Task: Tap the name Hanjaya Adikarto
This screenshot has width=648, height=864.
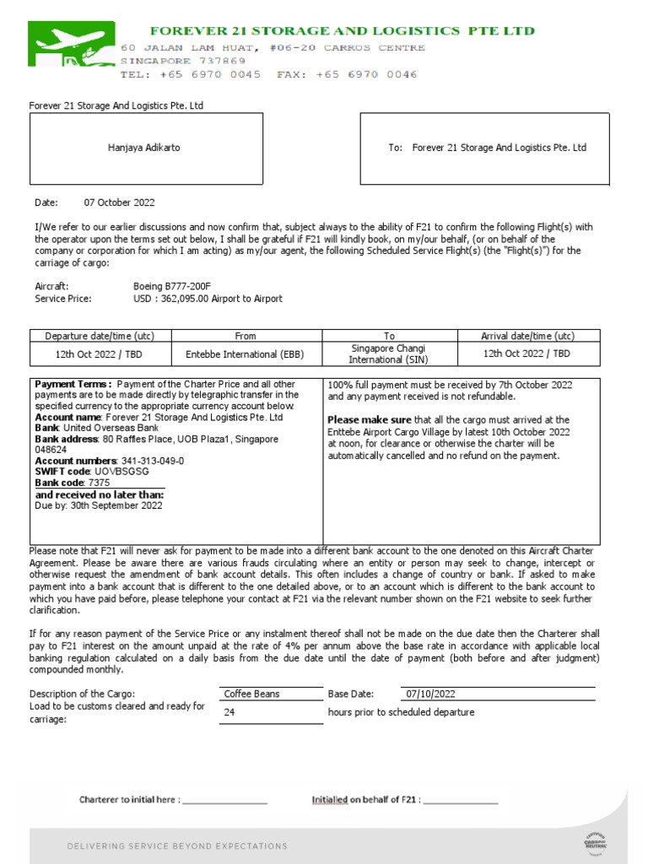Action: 143,148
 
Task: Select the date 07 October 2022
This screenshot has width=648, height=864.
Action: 119,202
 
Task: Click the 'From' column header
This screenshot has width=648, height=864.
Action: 246,336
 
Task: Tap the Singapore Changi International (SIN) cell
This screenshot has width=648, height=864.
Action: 389,354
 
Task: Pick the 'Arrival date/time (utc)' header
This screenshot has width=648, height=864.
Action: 528,336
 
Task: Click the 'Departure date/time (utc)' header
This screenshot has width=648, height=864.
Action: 100,336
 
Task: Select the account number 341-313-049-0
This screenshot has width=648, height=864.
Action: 152,461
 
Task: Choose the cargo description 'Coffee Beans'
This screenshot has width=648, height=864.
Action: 251,694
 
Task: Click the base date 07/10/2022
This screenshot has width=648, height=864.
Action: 430,694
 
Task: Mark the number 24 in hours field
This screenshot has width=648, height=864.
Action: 229,712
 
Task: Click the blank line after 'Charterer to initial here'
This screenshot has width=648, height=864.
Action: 224,801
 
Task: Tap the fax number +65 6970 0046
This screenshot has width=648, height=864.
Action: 366,74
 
